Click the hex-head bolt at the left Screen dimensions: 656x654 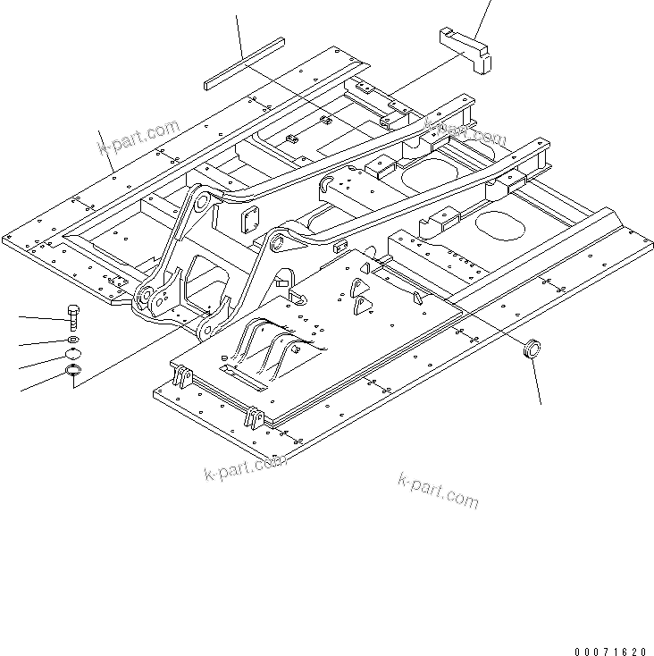[x=72, y=316]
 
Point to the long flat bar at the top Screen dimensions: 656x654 [x=243, y=62]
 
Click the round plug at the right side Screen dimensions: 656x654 [x=534, y=348]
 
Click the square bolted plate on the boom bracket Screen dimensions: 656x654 [x=250, y=216]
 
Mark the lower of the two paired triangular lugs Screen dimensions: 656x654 [x=361, y=307]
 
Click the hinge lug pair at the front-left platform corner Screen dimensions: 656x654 [x=182, y=376]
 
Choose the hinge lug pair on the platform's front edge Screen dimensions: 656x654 [x=253, y=416]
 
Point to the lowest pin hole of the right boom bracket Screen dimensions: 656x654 [x=203, y=332]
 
